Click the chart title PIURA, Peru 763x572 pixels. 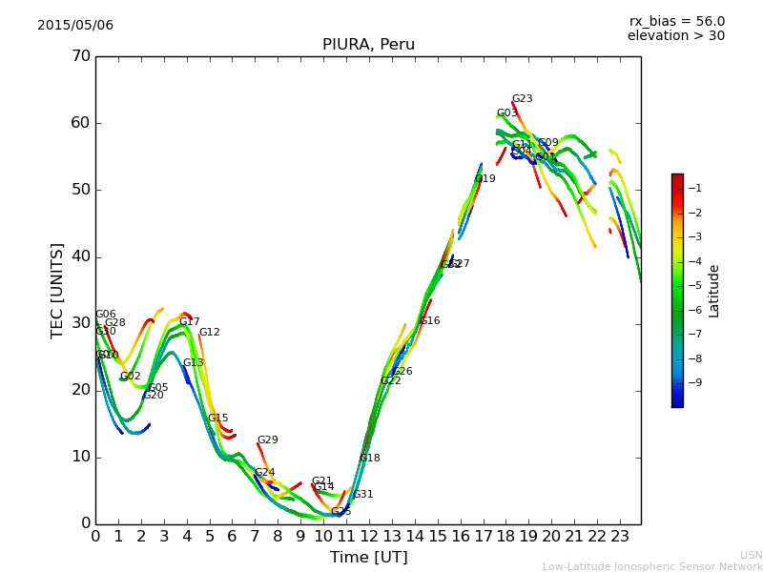pyautogui.click(x=368, y=45)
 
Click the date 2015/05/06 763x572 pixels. pyautogui.click(x=75, y=26)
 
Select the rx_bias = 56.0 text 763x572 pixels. pyautogui.click(x=676, y=22)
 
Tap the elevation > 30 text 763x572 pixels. pyautogui.click(x=675, y=36)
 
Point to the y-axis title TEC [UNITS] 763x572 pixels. pyautogui.click(x=58, y=290)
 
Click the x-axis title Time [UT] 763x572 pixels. pyautogui.click(x=368, y=558)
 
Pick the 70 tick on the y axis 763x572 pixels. pyautogui.click(x=80, y=56)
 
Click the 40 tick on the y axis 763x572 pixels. pyautogui.click(x=80, y=256)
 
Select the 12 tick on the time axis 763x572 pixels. pyautogui.click(x=369, y=536)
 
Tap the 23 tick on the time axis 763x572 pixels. pyautogui.click(x=620, y=536)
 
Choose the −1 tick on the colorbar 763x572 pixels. pyautogui.click(x=694, y=189)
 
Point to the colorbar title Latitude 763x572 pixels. pyautogui.click(x=714, y=291)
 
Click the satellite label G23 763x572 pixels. pyautogui.click(x=522, y=99)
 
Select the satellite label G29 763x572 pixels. pyautogui.click(x=267, y=440)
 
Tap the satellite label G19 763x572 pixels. pyautogui.click(x=485, y=179)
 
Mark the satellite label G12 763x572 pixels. pyautogui.click(x=209, y=333)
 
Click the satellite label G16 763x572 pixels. pyautogui.click(x=430, y=321)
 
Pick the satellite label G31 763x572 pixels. pyautogui.click(x=363, y=495)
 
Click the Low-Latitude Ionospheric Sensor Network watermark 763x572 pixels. pyautogui.click(x=652, y=566)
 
